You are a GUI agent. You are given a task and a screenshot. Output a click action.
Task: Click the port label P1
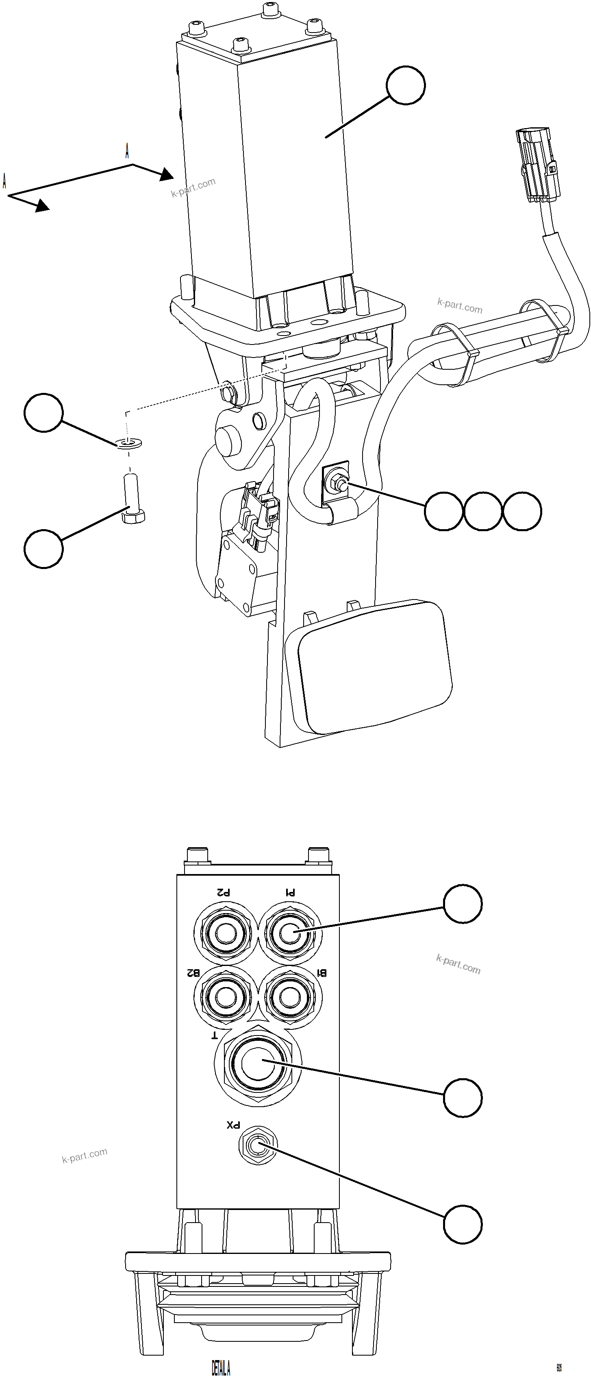(290, 892)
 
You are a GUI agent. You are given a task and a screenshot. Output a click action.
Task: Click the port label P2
(223, 892)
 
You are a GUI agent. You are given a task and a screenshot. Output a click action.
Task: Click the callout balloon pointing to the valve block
(406, 85)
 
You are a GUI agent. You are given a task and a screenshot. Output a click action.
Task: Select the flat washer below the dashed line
(128, 443)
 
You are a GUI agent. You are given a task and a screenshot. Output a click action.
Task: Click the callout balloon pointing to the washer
(44, 412)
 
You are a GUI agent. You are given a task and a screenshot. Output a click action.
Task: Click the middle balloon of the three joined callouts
(483, 511)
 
